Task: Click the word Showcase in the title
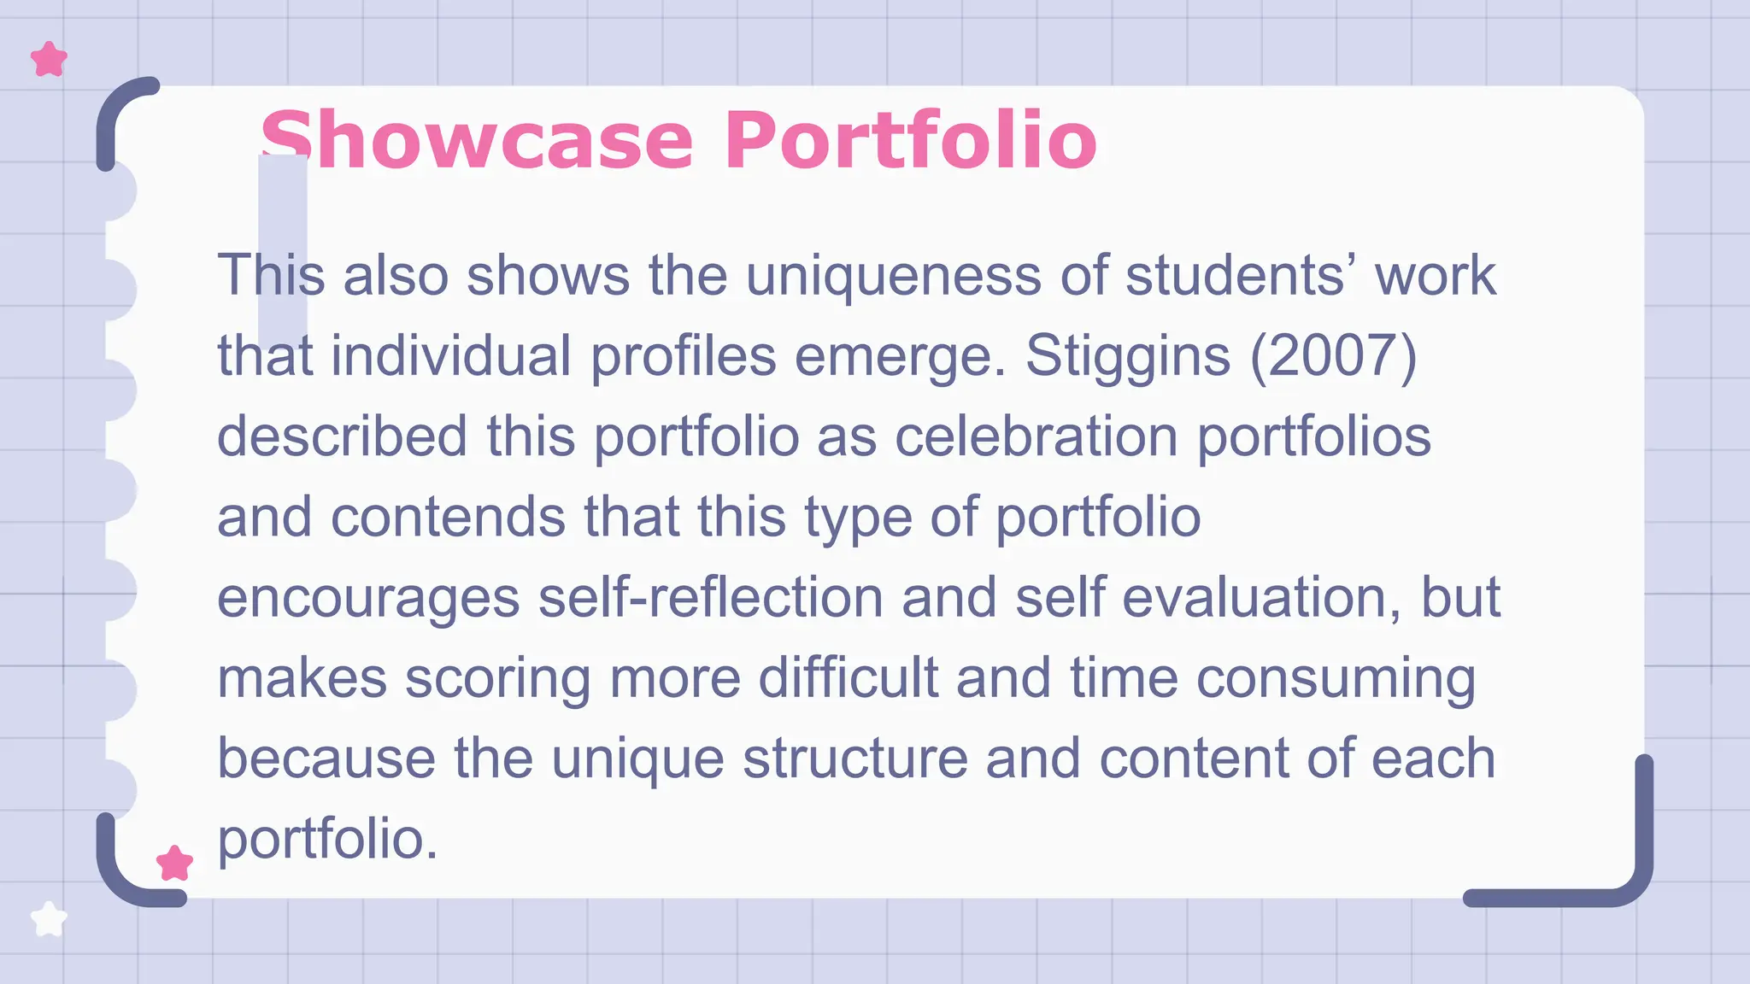click(x=477, y=140)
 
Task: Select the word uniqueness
click(x=894, y=276)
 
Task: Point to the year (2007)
click(x=1333, y=355)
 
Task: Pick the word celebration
click(x=1036, y=436)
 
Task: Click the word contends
click(x=448, y=517)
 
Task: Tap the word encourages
click(x=368, y=597)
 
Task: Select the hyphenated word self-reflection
click(x=710, y=597)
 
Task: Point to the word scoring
click(x=497, y=677)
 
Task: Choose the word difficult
click(x=848, y=677)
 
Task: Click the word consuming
click(x=1335, y=677)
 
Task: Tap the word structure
click(x=854, y=758)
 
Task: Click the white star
click(x=49, y=919)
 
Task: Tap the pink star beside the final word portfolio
click(x=174, y=864)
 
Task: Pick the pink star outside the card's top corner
click(x=49, y=60)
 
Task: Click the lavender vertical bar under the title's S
click(x=283, y=248)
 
